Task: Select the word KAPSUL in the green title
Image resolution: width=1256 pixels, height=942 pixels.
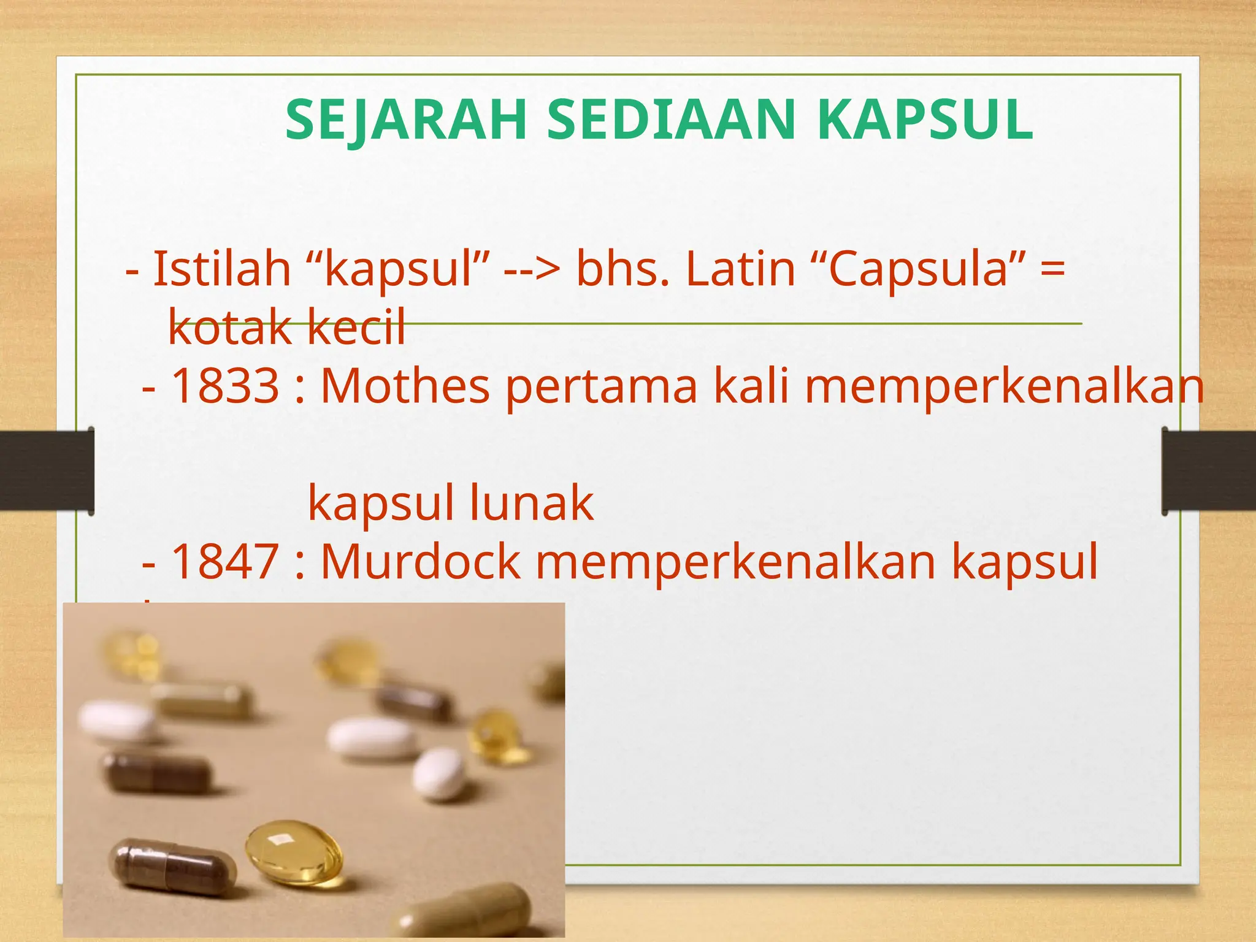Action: pyautogui.click(x=925, y=120)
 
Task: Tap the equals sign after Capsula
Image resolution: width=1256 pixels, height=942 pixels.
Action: pyautogui.click(x=1052, y=270)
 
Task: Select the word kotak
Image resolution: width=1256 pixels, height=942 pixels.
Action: pyautogui.click(x=229, y=326)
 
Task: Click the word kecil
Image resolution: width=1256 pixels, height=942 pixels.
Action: pyautogui.click(x=356, y=326)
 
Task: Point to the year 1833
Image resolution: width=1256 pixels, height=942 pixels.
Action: pyautogui.click(x=225, y=386)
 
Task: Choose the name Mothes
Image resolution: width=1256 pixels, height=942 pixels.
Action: pyautogui.click(x=405, y=386)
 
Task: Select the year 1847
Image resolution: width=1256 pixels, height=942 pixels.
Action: pyautogui.click(x=225, y=562)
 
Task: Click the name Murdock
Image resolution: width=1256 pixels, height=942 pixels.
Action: pyautogui.click(x=421, y=562)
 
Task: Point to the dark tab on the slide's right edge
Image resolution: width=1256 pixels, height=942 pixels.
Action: pyautogui.click(x=1209, y=471)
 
